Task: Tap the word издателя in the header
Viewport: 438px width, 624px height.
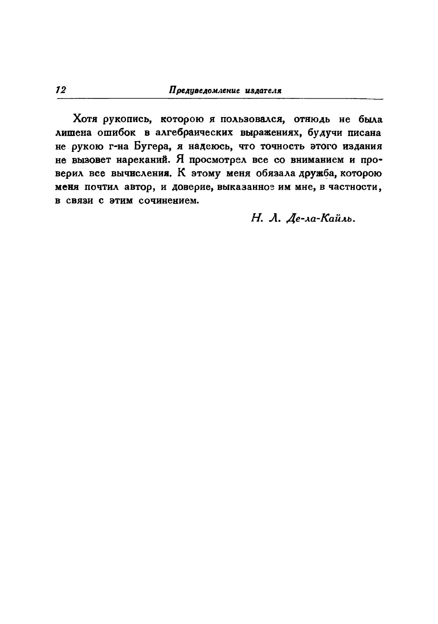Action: tap(264, 91)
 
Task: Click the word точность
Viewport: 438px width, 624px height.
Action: tap(282, 146)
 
